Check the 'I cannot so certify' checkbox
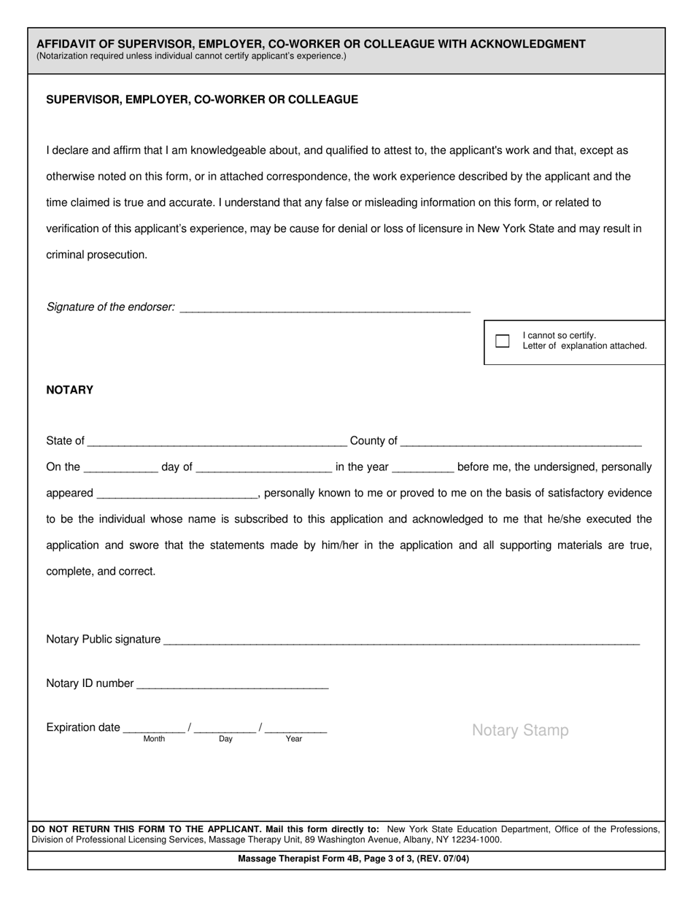[x=502, y=341]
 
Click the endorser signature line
[x=325, y=307]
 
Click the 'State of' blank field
[x=217, y=440]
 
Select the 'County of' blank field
[x=521, y=440]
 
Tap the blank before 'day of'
[x=121, y=467]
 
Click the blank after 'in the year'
[x=423, y=467]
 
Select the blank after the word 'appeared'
[x=177, y=493]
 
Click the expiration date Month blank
[x=154, y=727]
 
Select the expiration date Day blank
[x=225, y=727]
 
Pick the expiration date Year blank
[x=295, y=727]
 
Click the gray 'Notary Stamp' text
[x=520, y=730]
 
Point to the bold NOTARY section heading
[x=70, y=390]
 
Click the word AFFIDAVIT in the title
[x=68, y=44]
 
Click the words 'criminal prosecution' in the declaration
[x=96, y=255]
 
